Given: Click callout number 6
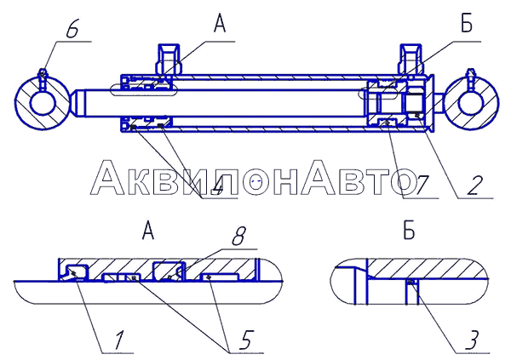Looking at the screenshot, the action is [x=72, y=31].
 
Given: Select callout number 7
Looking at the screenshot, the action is [x=421, y=186].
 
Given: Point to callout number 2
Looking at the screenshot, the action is [x=475, y=186].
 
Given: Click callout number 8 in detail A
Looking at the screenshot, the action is [x=238, y=236].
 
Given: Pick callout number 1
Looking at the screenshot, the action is [x=118, y=340].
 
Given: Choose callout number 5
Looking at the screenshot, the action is [x=246, y=340].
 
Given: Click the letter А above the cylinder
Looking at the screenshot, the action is [x=220, y=24].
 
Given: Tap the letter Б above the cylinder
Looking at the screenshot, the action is [x=467, y=24].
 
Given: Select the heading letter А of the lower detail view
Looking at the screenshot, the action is [x=148, y=231].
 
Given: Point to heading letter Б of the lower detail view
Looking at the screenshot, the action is [x=409, y=231].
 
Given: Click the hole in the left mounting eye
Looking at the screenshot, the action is [x=43, y=103].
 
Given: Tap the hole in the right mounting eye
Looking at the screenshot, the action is [x=470, y=104].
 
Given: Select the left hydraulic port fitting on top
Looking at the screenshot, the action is [x=168, y=60].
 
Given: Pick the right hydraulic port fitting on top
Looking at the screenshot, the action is [x=411, y=60].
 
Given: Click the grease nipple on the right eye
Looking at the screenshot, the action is [x=471, y=78].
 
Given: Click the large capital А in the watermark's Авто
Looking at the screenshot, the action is [x=318, y=178].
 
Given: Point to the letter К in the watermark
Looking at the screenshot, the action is [x=141, y=182].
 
